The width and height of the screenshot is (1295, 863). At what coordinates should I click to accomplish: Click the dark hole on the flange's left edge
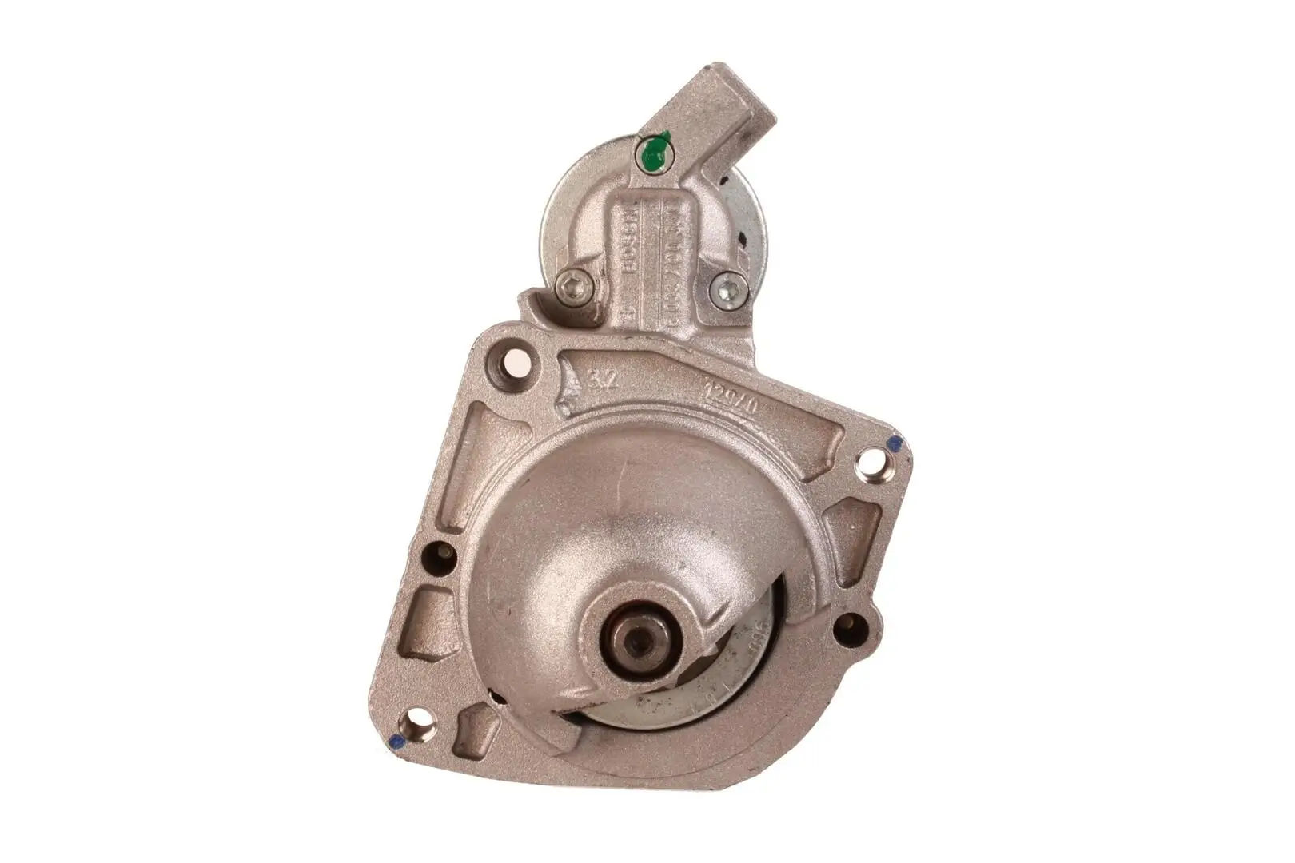440,554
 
